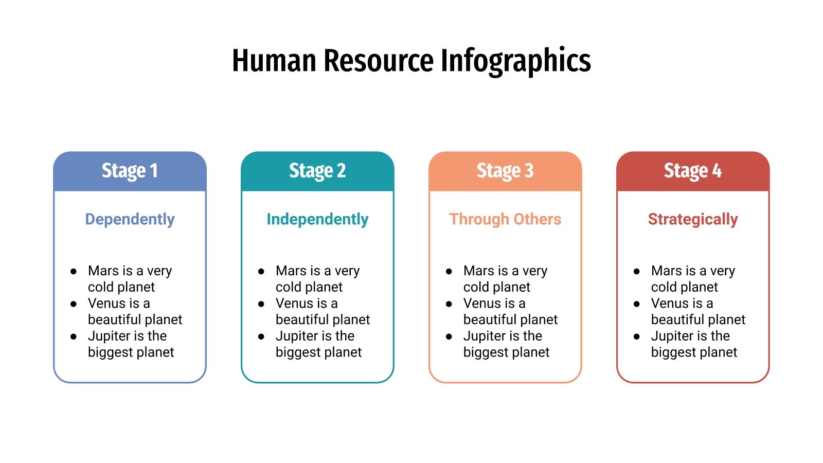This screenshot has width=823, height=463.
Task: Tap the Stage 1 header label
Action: [x=130, y=171]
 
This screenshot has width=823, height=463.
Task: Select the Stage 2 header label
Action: [x=317, y=171]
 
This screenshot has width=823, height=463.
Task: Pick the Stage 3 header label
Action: [x=505, y=171]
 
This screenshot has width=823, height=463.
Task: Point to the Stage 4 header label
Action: [x=693, y=171]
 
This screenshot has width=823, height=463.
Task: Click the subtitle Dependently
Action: [x=130, y=219]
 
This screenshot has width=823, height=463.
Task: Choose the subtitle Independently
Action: [x=317, y=219]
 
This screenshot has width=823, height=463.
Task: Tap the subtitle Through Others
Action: [x=505, y=219]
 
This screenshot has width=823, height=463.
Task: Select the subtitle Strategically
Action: [x=693, y=219]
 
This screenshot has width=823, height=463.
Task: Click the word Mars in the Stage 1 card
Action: [x=103, y=271]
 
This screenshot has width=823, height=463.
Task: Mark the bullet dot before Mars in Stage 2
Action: [x=261, y=271]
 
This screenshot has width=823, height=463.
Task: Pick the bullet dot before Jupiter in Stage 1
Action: [x=74, y=336]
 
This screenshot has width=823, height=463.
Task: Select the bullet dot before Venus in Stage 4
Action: [x=637, y=304]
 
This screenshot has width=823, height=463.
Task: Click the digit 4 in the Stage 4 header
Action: [x=717, y=171]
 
